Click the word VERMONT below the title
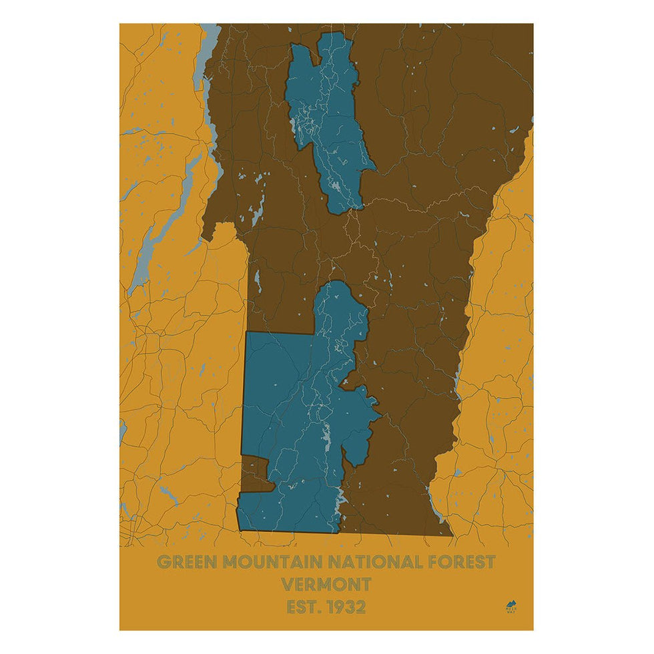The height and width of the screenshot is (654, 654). [326, 585]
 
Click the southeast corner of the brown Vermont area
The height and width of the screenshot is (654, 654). [451, 535]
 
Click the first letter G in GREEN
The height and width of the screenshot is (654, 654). [162, 561]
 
